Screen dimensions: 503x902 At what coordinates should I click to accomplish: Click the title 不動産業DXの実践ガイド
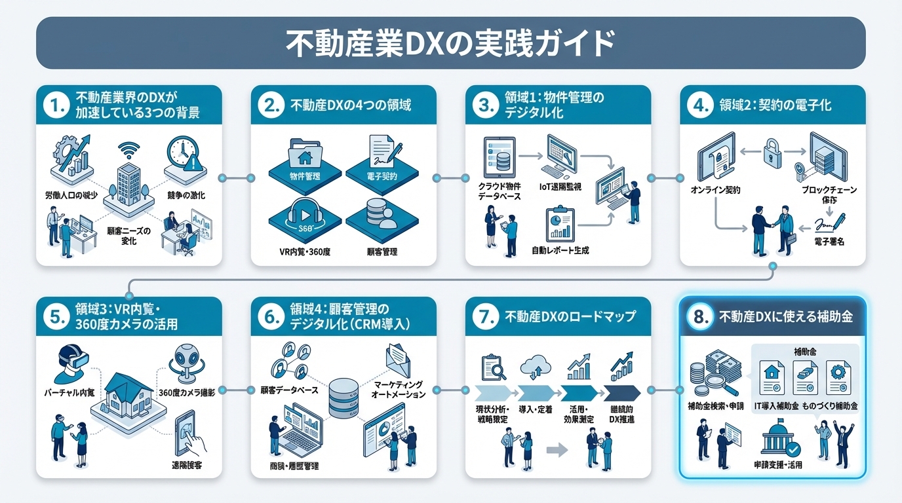450,43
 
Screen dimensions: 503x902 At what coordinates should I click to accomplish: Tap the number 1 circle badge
56,105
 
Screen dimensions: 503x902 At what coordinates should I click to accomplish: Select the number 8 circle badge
700,317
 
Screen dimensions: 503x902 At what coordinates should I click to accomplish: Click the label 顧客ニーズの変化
128,235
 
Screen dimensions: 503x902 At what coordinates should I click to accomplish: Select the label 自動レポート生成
560,250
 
